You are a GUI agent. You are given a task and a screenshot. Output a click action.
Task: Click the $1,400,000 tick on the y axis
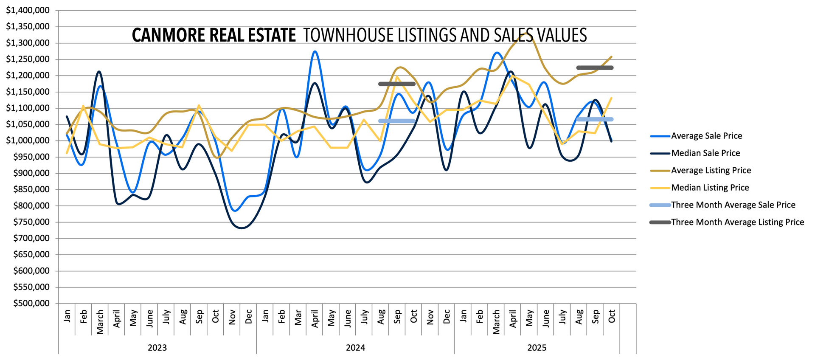point(28,10)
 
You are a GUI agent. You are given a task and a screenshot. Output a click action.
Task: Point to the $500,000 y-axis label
point(31,304)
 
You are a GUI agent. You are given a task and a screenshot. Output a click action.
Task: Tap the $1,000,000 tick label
point(28,141)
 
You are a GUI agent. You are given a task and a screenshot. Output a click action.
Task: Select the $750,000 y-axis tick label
point(31,222)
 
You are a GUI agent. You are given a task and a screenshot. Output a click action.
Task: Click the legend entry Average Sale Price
point(706,136)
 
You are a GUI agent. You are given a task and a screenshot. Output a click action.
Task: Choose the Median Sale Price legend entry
point(705,153)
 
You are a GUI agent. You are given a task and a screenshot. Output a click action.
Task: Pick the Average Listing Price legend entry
point(711,171)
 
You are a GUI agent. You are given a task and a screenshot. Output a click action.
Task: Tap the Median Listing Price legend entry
point(710,188)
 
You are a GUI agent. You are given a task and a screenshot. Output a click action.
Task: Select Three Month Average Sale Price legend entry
point(733,205)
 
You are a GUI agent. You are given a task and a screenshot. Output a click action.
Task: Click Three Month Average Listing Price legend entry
point(737,222)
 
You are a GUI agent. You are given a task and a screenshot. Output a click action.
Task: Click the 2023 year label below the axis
point(157,348)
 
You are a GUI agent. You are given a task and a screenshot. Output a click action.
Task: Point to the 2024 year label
point(355,348)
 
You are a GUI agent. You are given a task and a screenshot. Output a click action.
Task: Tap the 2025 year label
point(537,348)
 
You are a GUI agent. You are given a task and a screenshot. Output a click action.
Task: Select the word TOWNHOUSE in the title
point(348,35)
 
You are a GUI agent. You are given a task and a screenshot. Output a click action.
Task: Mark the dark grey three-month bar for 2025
point(595,68)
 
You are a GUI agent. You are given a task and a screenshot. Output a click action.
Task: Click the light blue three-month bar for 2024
point(397,121)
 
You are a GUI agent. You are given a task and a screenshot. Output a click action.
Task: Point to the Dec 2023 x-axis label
point(249,316)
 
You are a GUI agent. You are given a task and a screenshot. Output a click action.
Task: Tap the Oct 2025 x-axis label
point(612,316)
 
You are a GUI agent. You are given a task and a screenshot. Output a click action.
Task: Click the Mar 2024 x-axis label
point(298,317)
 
